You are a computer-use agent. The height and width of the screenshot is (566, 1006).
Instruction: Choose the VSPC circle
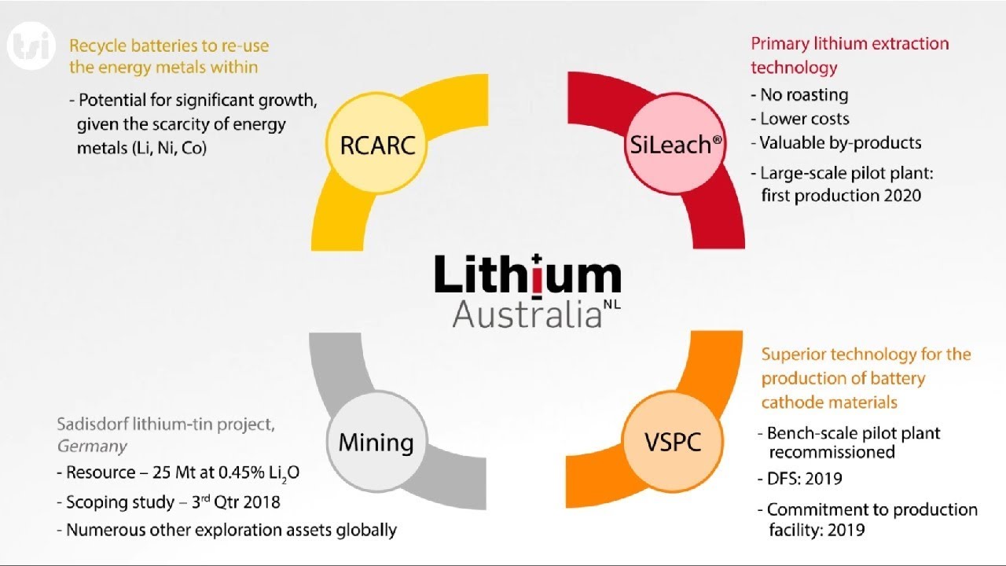pos(673,442)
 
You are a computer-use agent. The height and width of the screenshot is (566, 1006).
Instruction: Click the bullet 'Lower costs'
pos(804,119)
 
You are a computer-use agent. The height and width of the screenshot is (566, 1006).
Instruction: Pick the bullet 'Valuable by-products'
pos(840,143)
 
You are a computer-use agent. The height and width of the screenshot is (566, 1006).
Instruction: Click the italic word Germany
pos(92,447)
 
